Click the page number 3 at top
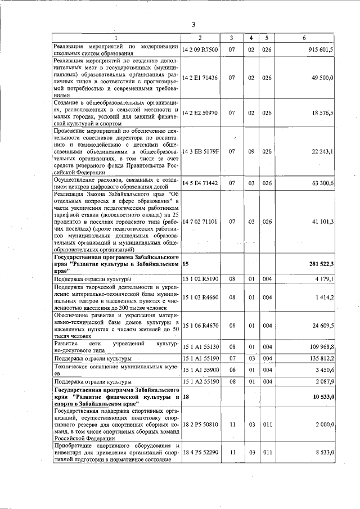click(x=193, y=24)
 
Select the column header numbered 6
click(x=304, y=37)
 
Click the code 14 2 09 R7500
click(x=200, y=49)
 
